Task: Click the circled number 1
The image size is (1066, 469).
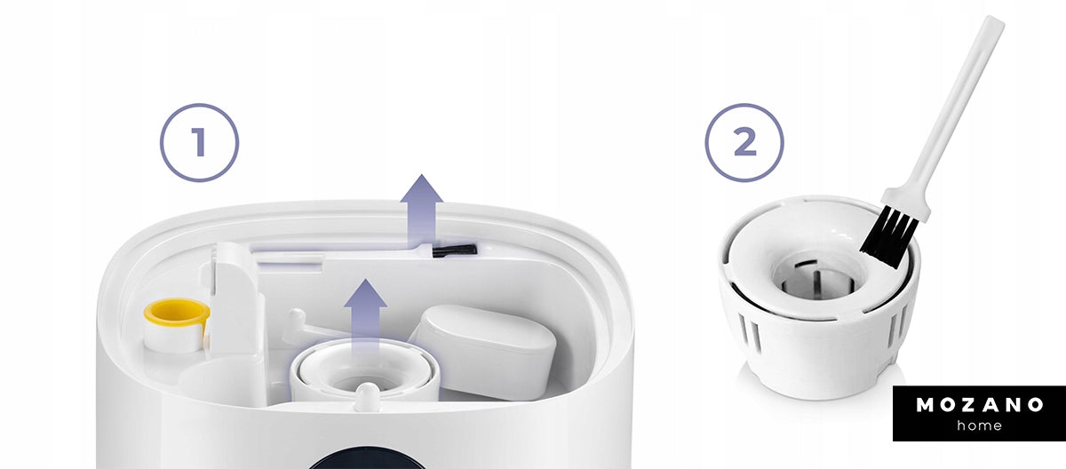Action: (x=199, y=142)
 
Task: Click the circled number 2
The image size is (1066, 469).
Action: (x=744, y=142)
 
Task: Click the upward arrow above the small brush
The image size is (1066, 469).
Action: (x=422, y=211)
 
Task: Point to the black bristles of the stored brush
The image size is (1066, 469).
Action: (x=454, y=250)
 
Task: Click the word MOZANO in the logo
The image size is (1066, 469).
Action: (x=979, y=405)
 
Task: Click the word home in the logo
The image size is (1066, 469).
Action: (x=979, y=425)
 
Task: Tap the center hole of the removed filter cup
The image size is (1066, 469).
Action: (x=813, y=282)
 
